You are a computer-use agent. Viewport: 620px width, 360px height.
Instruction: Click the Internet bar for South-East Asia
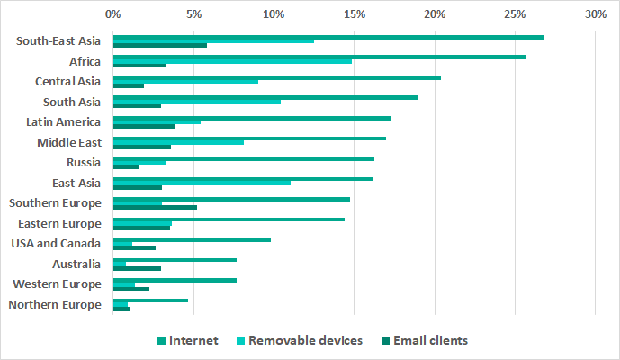click(328, 37)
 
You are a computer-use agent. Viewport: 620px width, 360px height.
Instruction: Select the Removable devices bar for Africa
click(232, 61)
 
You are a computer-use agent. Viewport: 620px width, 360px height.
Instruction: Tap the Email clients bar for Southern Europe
click(155, 207)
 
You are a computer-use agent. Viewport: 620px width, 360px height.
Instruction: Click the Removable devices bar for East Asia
click(202, 183)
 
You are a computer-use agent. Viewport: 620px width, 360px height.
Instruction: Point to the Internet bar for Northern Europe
click(150, 301)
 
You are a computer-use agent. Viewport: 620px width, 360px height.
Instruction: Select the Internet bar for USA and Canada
click(192, 239)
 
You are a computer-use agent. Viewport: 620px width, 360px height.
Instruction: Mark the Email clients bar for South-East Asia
click(159, 45)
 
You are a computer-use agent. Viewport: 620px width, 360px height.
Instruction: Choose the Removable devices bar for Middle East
click(178, 142)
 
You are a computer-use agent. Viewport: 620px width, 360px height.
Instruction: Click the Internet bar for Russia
click(243, 158)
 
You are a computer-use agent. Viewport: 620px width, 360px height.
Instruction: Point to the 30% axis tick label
click(595, 14)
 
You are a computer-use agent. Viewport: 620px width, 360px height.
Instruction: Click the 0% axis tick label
click(112, 14)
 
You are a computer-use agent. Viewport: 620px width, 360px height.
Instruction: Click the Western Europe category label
click(57, 284)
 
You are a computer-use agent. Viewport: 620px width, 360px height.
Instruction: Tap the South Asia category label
click(72, 102)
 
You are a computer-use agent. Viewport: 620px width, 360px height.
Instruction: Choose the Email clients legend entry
click(427, 340)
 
